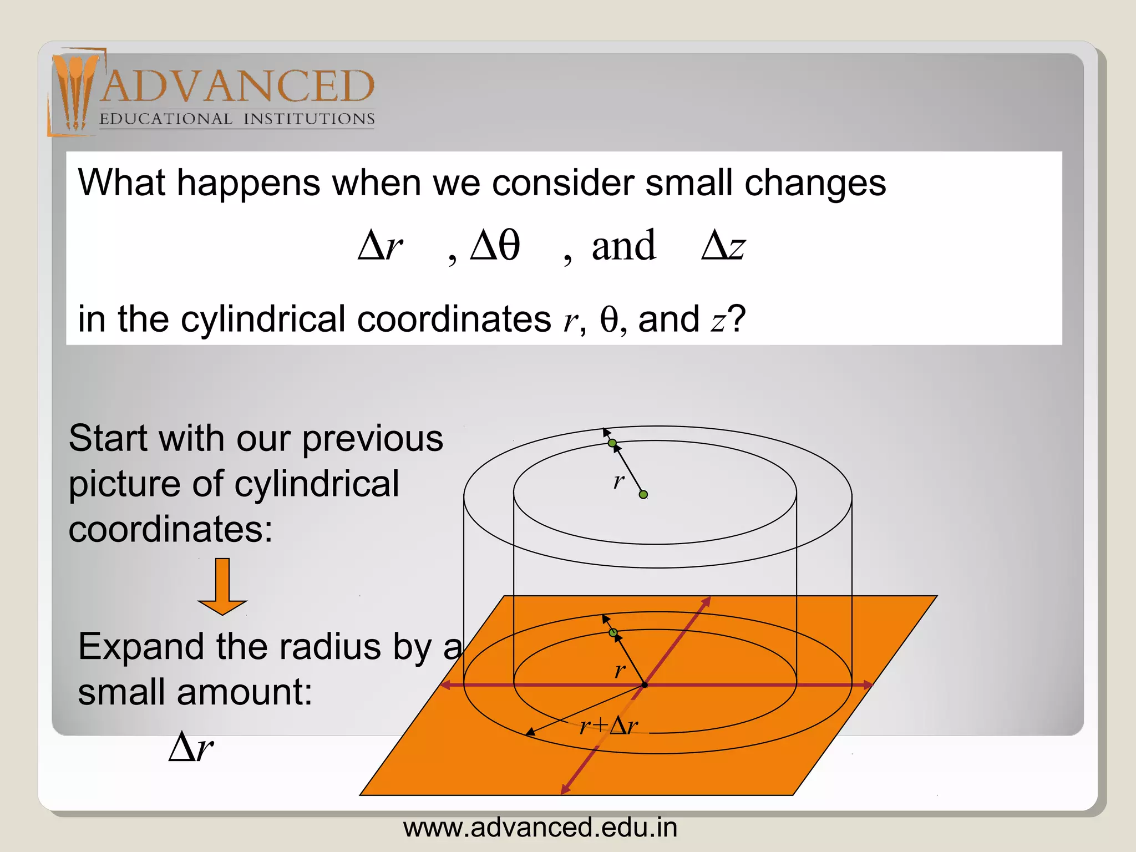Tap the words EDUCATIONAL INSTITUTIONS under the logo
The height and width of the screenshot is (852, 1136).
(237, 119)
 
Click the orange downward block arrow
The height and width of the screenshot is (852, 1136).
(222, 587)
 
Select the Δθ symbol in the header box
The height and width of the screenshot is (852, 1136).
(495, 245)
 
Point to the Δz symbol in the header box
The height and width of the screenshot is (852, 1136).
(723, 245)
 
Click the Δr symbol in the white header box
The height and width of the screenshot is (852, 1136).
(380, 245)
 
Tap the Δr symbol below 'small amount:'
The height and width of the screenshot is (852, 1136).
(191, 747)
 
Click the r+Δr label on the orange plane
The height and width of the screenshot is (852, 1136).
(608, 725)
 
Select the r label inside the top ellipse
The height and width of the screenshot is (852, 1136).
(618, 480)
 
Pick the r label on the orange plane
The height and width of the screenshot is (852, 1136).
(620, 670)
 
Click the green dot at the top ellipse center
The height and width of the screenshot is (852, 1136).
(643, 494)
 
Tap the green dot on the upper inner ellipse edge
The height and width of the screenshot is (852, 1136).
(612, 443)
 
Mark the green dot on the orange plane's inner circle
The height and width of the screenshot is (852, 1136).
(613, 633)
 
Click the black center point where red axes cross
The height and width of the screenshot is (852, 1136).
(645, 685)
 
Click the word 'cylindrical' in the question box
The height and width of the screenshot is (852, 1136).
(263, 319)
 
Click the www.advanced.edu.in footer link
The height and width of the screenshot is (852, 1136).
(540, 828)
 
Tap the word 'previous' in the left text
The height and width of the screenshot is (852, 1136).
(372, 439)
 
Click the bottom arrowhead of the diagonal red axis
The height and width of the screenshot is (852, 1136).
(564, 790)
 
